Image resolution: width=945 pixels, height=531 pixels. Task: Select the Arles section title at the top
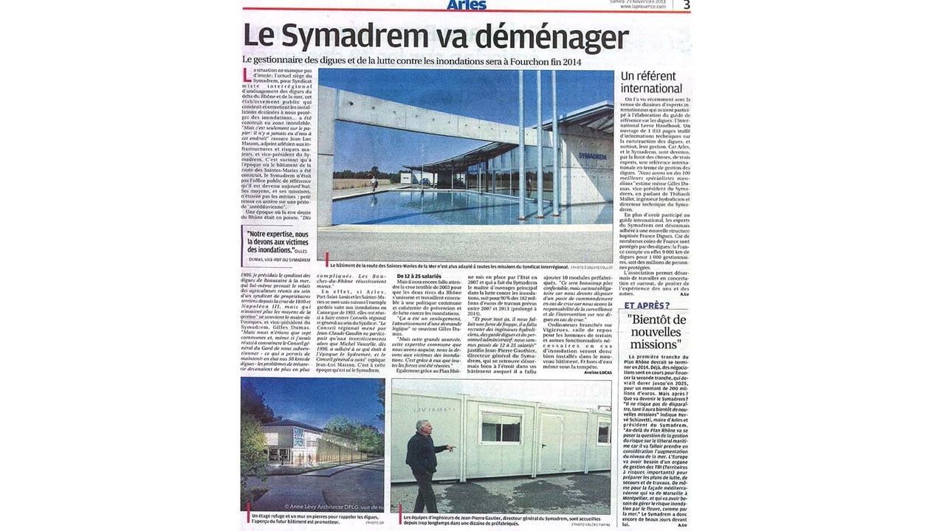[467, 5]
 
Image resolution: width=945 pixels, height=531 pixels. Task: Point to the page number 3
[686, 5]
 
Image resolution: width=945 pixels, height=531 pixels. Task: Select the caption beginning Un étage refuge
[303, 518]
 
